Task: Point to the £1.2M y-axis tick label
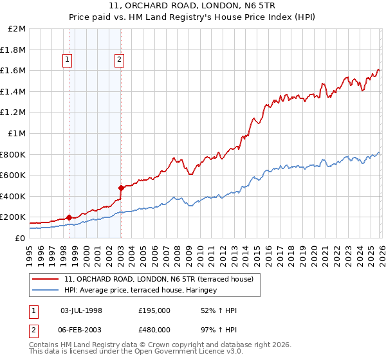(15, 113)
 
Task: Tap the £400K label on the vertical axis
(15, 196)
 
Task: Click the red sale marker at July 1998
(69, 217)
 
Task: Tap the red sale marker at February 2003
(121, 188)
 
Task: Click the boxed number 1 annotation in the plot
(68, 60)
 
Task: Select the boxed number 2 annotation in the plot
(120, 60)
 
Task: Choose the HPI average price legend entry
(141, 290)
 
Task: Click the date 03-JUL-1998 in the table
(81, 310)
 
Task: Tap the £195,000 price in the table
(154, 310)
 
